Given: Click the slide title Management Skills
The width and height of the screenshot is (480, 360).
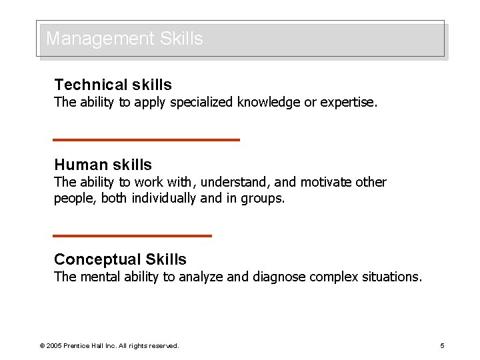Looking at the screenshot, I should click(x=124, y=39).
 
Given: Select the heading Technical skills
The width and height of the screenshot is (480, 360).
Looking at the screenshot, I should click(x=113, y=85).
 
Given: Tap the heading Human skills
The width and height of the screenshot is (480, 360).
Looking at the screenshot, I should click(x=103, y=165).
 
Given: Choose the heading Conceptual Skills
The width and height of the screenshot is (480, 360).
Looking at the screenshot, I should click(x=120, y=259).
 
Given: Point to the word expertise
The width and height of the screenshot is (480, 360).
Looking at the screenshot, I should click(x=349, y=102).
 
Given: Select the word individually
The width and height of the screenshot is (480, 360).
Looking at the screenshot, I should click(x=164, y=198).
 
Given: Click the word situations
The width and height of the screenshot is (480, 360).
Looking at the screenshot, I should click(x=392, y=277).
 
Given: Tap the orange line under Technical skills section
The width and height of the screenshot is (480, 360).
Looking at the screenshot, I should click(x=146, y=139).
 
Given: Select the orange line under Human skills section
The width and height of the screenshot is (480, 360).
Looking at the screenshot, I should click(x=132, y=235).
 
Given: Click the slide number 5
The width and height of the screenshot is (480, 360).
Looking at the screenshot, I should click(x=442, y=345).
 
